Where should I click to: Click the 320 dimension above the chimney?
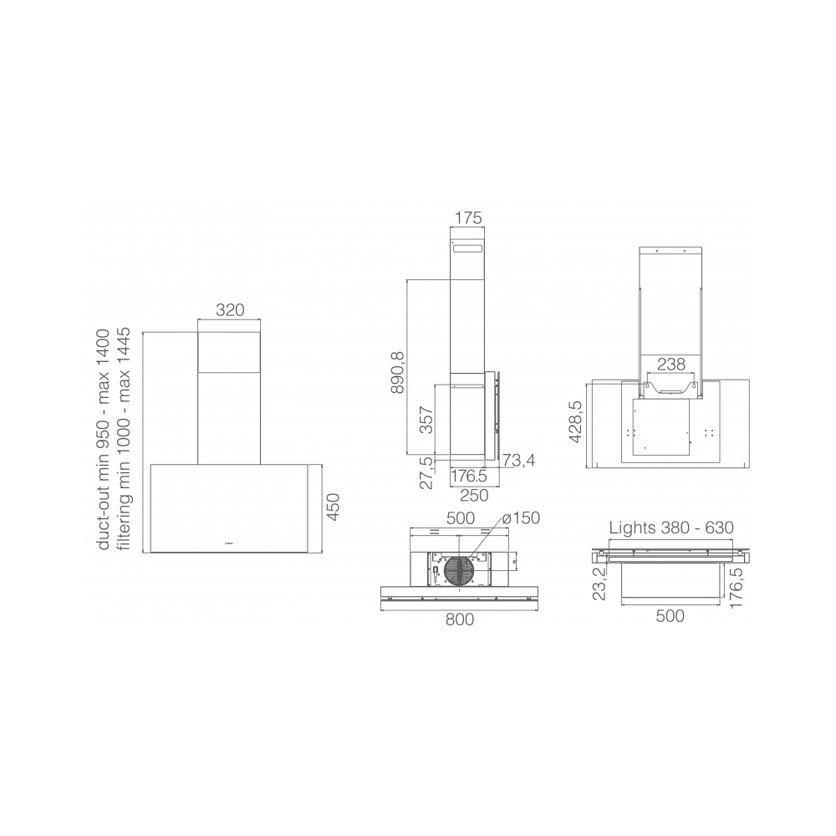(x=230, y=309)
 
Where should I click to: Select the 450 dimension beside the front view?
(x=333, y=507)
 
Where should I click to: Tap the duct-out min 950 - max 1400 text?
(x=104, y=440)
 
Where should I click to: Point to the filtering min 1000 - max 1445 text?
(x=125, y=440)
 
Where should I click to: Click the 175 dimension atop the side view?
(x=468, y=219)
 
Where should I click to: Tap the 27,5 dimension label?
(x=426, y=472)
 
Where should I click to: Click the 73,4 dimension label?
(x=519, y=461)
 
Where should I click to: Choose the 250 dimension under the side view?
(x=474, y=495)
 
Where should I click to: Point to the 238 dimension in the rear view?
(x=671, y=364)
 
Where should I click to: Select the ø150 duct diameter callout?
(x=522, y=518)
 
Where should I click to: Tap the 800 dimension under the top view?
(x=459, y=619)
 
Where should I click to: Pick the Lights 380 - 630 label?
(x=670, y=528)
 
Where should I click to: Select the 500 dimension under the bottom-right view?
(x=670, y=616)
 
